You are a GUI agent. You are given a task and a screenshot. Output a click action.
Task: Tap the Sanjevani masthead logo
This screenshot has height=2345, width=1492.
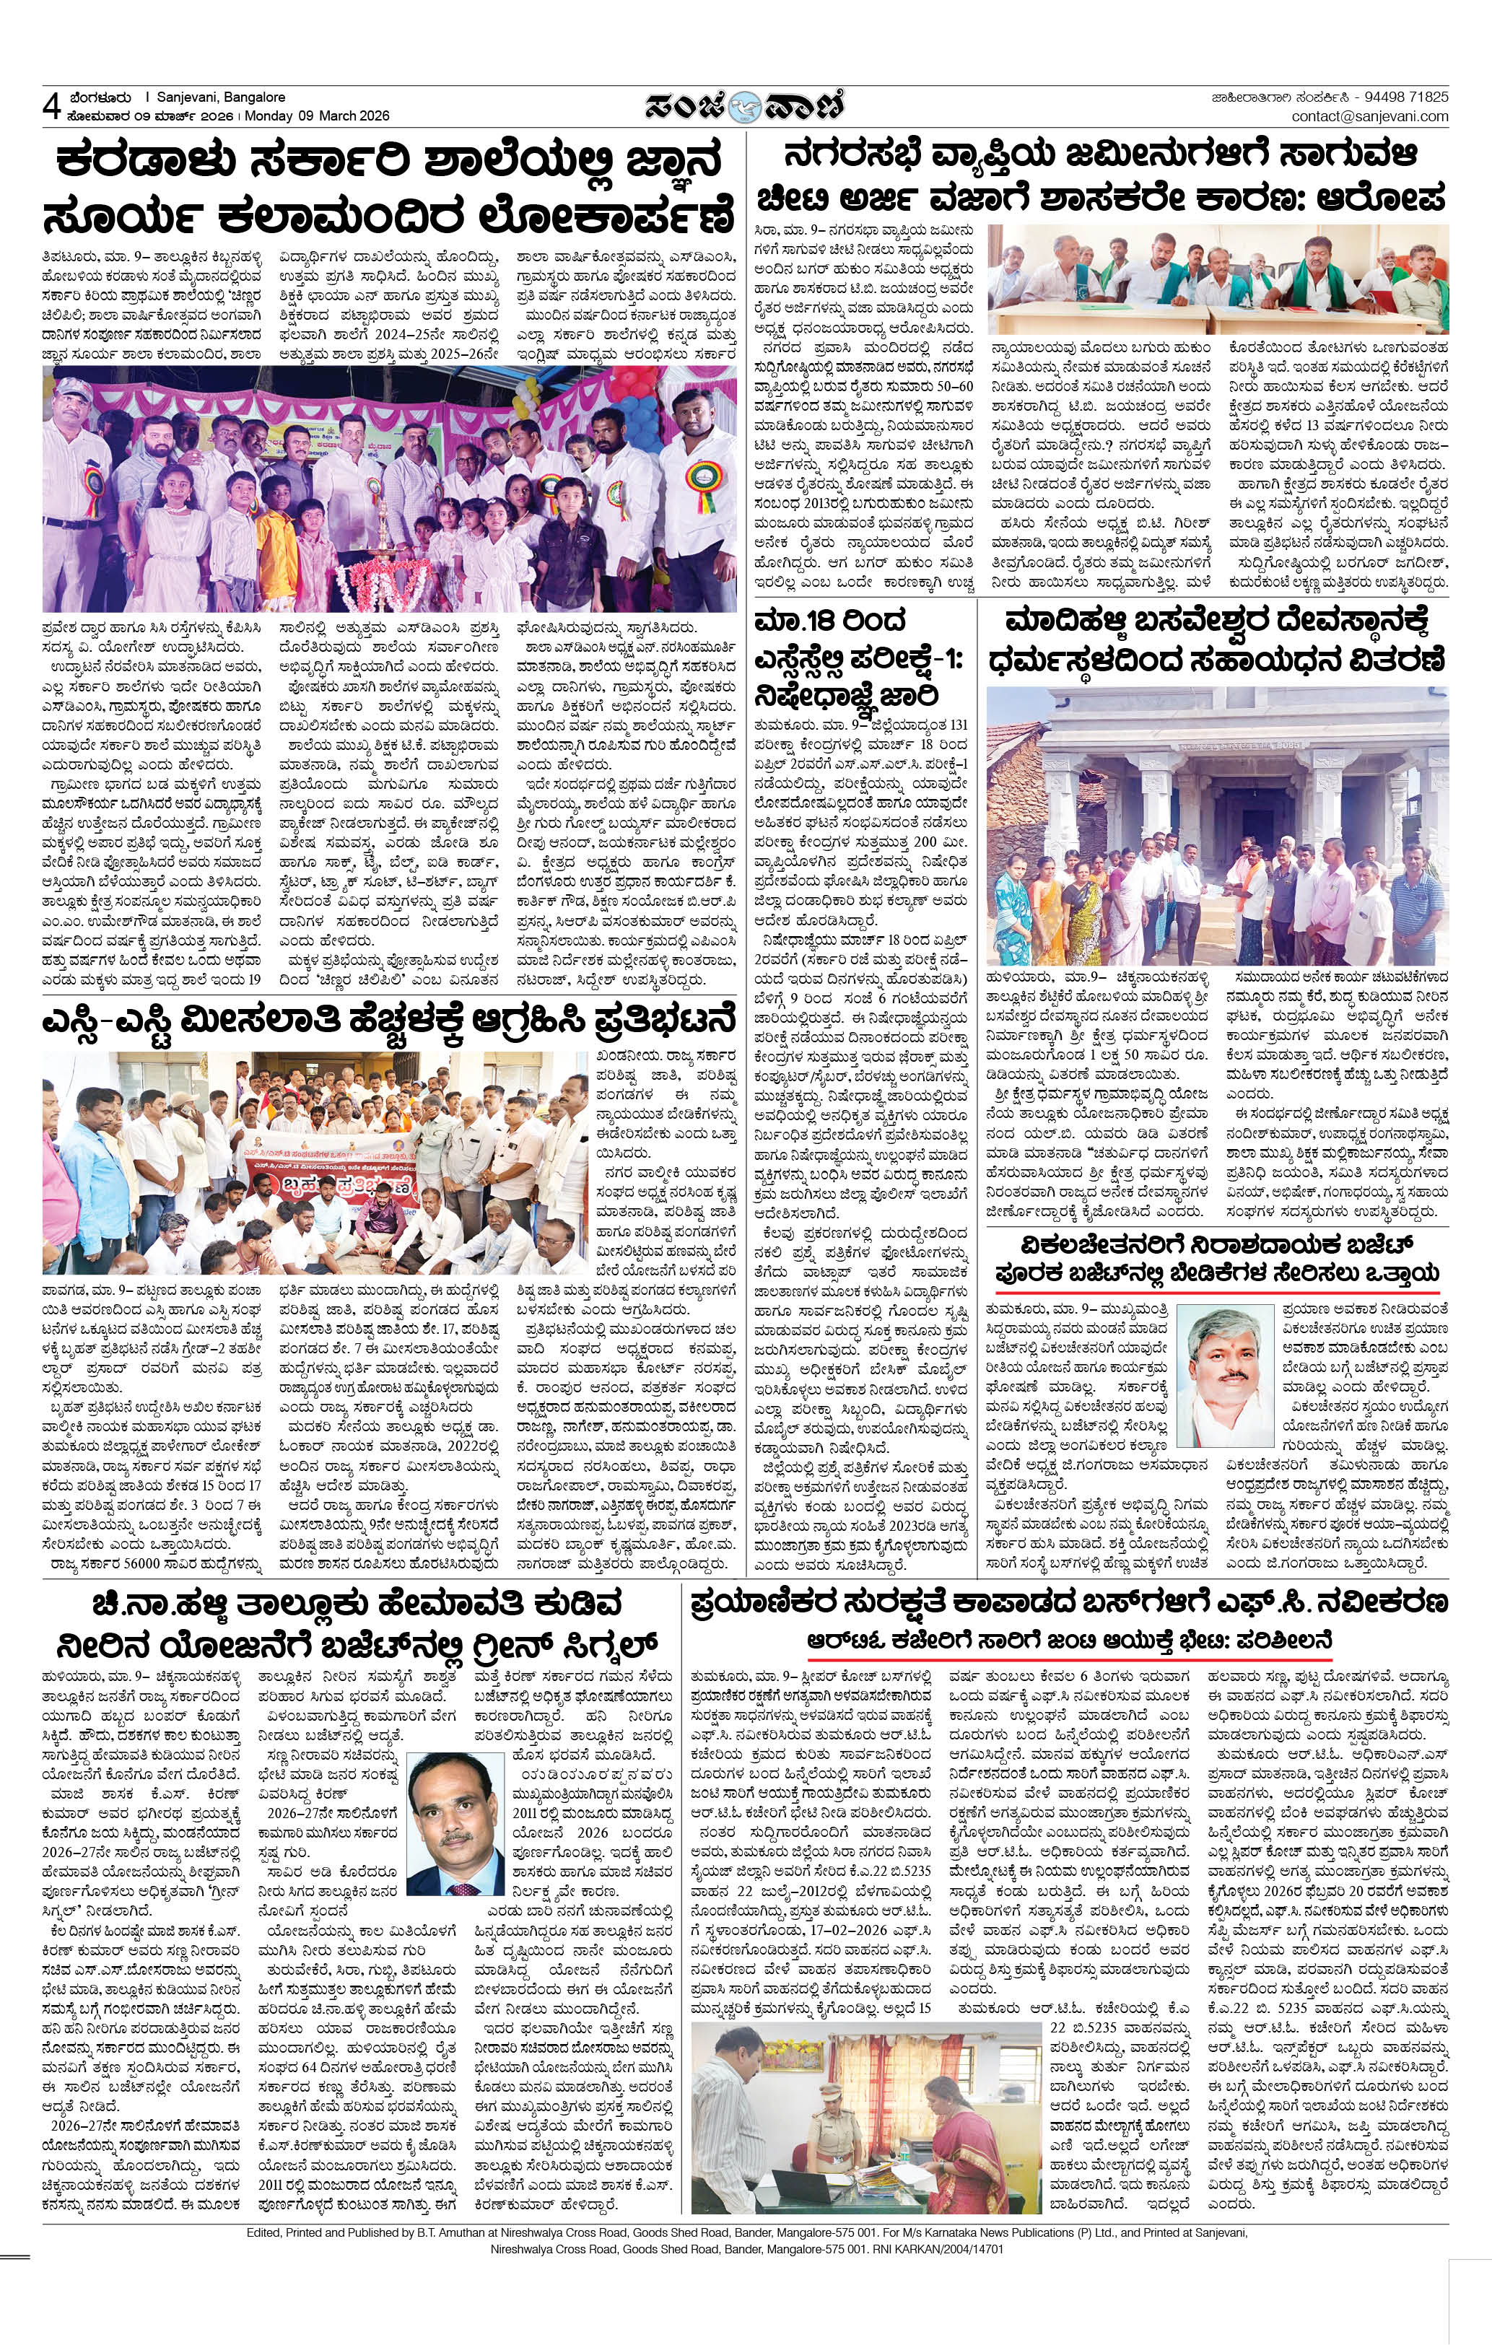pos(745,103)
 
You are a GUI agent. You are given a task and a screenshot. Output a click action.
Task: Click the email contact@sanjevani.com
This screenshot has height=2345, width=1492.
pos(1369,116)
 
